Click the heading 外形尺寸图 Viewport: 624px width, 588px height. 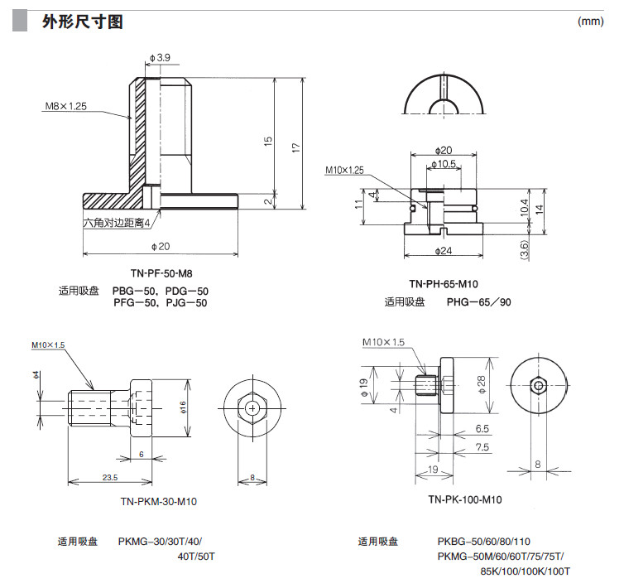click(82, 22)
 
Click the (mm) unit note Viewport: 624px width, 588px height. click(590, 22)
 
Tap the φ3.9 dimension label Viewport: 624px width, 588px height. click(160, 57)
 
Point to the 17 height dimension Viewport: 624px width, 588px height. click(295, 145)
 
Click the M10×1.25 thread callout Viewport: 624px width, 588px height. click(344, 170)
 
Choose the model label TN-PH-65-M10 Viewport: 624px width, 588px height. click(444, 283)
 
